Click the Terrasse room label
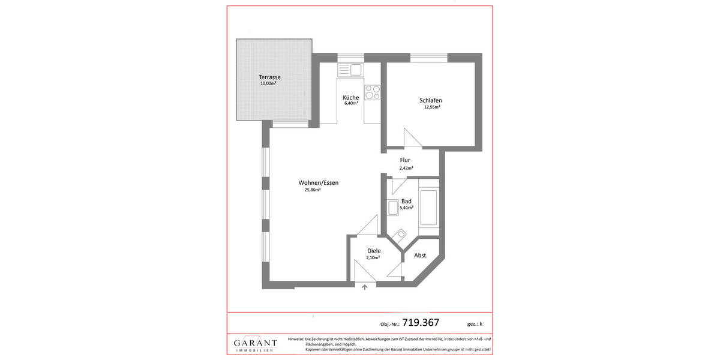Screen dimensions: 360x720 pyautogui.click(x=269, y=77)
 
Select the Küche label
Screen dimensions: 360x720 pyautogui.click(x=350, y=98)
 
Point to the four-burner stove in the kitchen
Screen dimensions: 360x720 pyautogui.click(x=372, y=92)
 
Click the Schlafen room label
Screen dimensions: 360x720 pyautogui.click(x=431, y=100)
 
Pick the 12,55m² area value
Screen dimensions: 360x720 pyautogui.click(x=431, y=107)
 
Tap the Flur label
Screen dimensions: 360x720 pyautogui.click(x=405, y=160)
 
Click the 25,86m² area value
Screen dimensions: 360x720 pyautogui.click(x=312, y=190)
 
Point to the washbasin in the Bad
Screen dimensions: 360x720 pyautogui.click(x=394, y=208)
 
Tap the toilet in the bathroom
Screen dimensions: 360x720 pyautogui.click(x=401, y=235)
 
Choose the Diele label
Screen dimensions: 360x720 pyautogui.click(x=374, y=251)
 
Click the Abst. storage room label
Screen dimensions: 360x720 pyautogui.click(x=421, y=255)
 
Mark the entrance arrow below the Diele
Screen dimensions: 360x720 pyautogui.click(x=365, y=287)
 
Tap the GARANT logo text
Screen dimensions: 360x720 pyautogui.click(x=256, y=343)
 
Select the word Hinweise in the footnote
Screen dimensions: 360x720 pyautogui.click(x=296, y=339)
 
